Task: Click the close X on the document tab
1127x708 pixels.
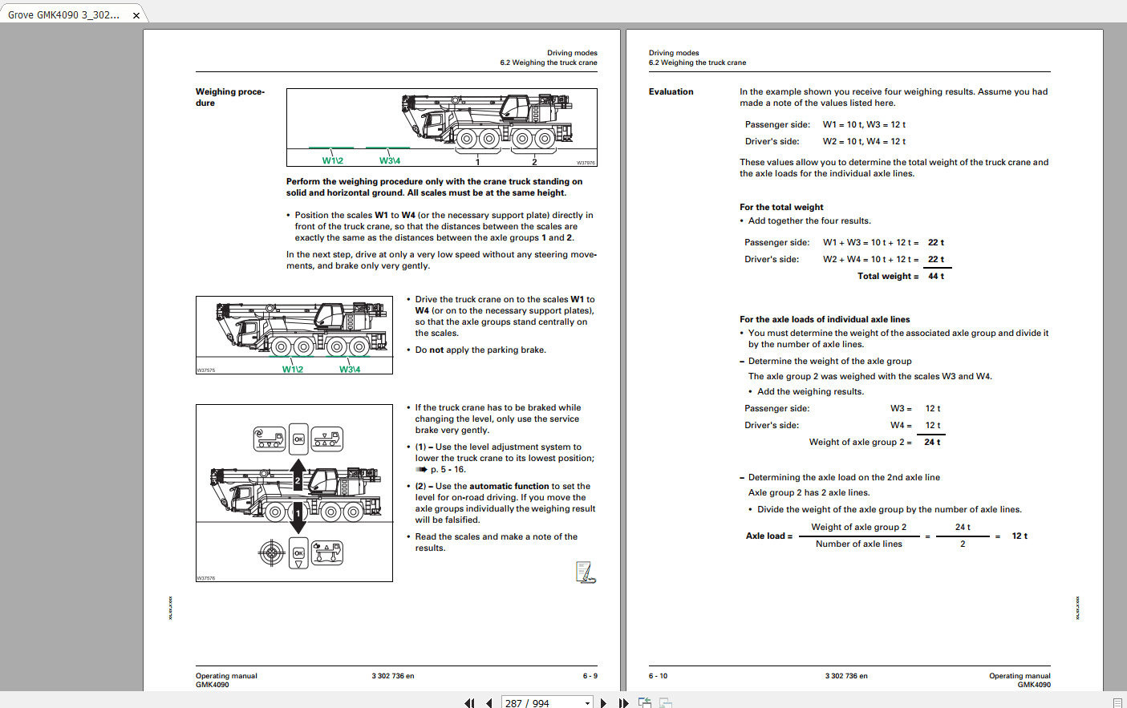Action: (136, 15)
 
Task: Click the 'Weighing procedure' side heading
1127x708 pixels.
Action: (229, 97)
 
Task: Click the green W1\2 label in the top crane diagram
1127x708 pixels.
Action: (332, 160)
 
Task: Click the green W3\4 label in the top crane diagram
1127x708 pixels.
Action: (390, 160)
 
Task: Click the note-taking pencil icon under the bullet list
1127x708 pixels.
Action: (586, 572)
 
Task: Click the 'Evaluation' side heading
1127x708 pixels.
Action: (671, 92)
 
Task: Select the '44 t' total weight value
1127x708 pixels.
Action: (935, 276)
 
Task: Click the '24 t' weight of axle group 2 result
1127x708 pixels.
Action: (932, 442)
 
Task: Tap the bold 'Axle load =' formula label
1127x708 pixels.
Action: (768, 536)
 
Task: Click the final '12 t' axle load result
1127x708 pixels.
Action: (1019, 536)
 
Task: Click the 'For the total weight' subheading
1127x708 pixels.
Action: (781, 207)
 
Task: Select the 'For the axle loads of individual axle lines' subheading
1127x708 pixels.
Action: (825, 319)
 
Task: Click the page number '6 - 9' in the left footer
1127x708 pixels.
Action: (590, 676)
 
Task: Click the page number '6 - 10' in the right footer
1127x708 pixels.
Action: (658, 676)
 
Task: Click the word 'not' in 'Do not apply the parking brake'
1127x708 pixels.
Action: (436, 350)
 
